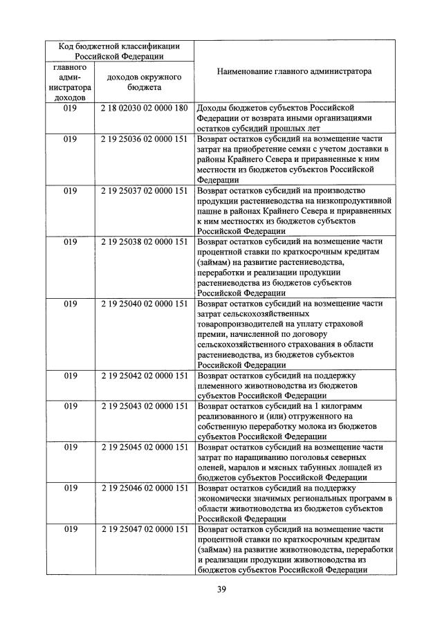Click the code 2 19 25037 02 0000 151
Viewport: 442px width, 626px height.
coord(144,190)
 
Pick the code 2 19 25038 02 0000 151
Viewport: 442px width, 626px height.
coord(144,241)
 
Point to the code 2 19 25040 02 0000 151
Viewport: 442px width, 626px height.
coord(144,303)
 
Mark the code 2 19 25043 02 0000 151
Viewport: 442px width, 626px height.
coord(144,406)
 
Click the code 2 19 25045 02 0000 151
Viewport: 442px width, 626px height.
coord(144,448)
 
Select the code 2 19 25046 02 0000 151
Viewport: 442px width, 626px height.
coord(144,488)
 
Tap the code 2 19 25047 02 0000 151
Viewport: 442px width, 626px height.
coord(144,529)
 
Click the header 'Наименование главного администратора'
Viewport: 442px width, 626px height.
coord(294,71)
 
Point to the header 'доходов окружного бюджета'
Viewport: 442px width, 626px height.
coord(144,82)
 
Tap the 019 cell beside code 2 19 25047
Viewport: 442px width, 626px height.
coord(70,529)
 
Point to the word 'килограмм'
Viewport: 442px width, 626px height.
coord(342,406)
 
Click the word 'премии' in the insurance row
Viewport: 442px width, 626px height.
coord(212,334)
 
